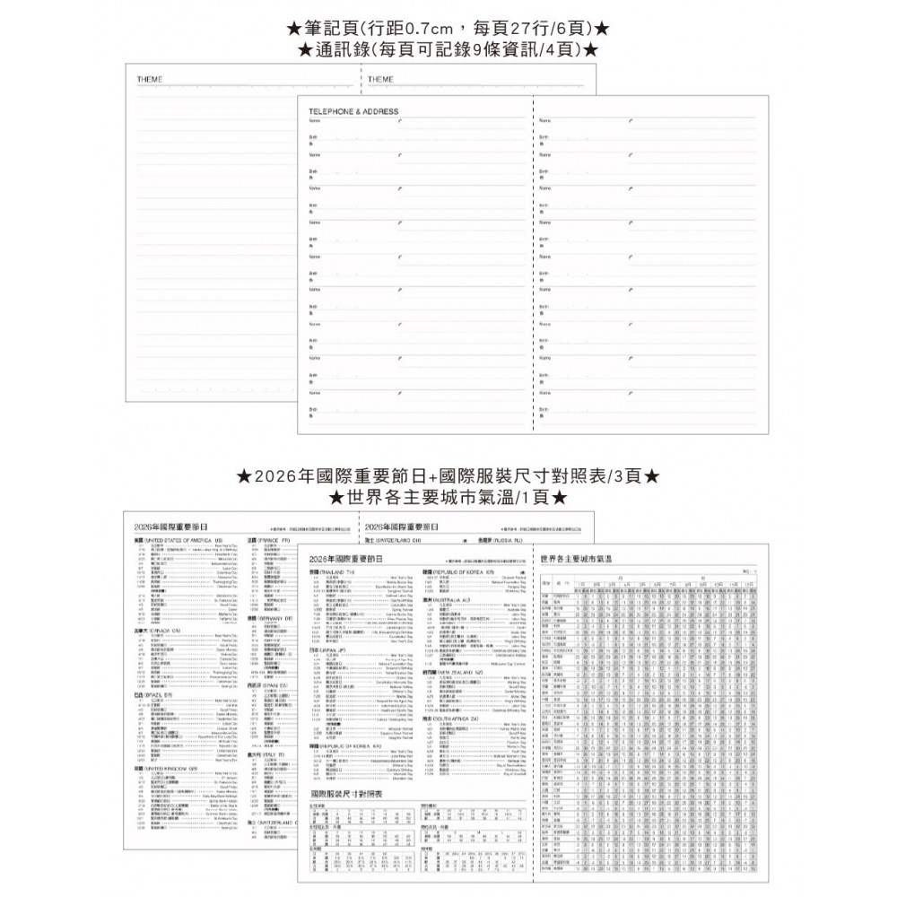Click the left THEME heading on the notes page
click(150, 80)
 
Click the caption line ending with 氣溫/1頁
click(448, 495)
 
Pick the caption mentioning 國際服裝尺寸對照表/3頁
click(448, 475)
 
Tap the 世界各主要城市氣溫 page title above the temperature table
click(578, 559)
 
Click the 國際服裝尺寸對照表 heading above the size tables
click(346, 795)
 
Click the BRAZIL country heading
click(152, 696)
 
